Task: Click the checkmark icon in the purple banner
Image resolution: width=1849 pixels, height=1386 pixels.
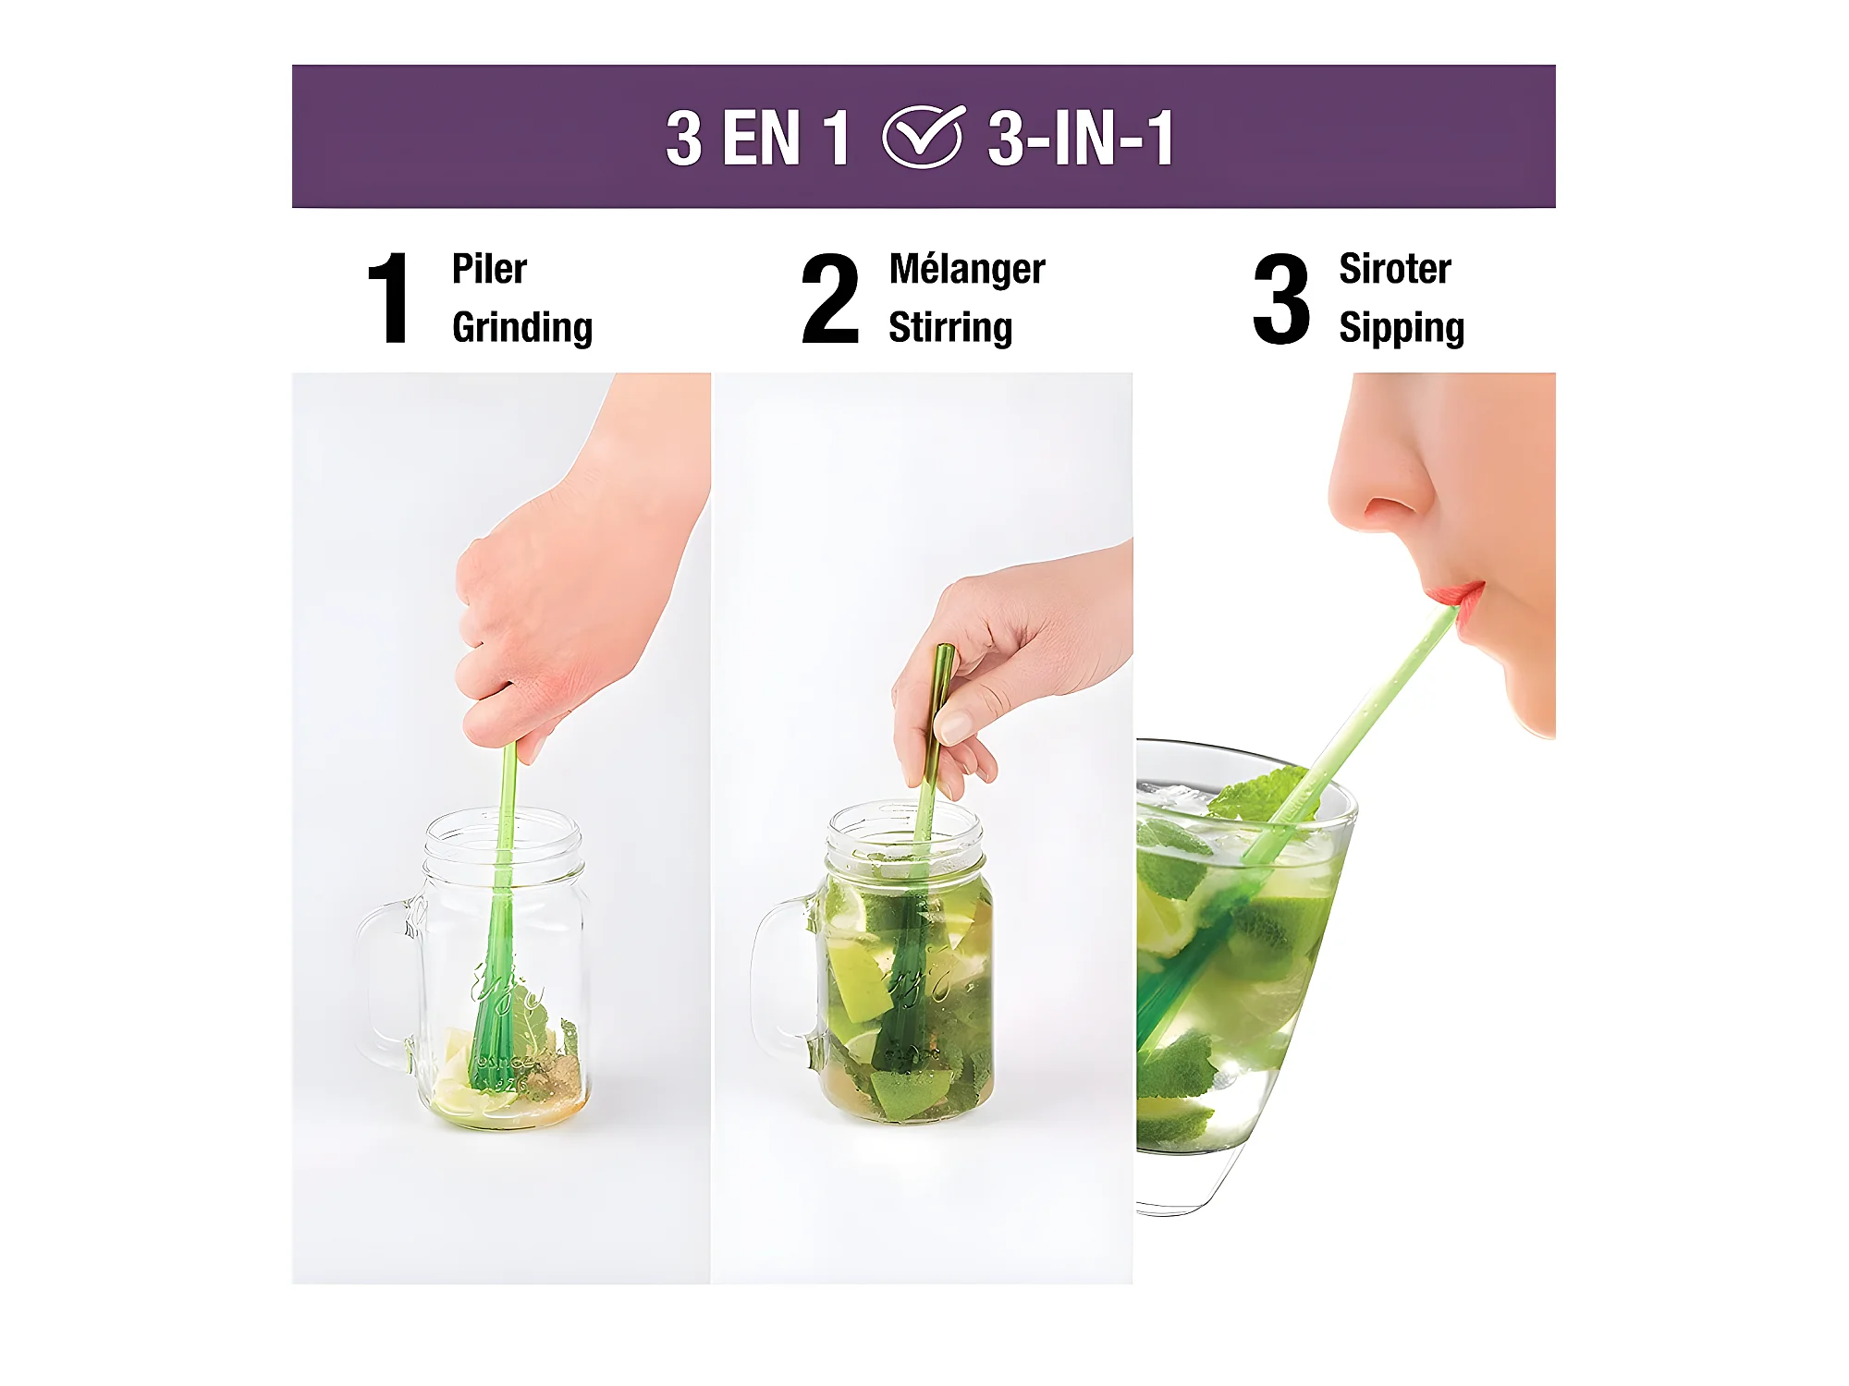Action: [924, 137]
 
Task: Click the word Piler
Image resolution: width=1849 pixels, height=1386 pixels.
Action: [489, 269]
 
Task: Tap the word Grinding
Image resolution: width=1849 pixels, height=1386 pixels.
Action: [522, 328]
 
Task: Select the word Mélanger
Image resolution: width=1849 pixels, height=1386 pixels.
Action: [967, 269]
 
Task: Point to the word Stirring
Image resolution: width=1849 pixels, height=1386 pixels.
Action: [950, 328]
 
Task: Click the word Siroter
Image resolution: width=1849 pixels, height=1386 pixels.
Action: [1395, 269]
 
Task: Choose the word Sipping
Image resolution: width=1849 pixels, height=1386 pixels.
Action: [1402, 329]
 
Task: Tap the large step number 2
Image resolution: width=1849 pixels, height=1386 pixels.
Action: [830, 298]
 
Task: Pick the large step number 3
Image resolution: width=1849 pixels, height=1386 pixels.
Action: [1281, 298]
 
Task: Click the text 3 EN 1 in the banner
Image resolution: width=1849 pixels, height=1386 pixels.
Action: [757, 138]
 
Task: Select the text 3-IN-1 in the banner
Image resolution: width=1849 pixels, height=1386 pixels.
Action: [1081, 138]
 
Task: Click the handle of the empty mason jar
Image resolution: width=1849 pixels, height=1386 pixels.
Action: [381, 979]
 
